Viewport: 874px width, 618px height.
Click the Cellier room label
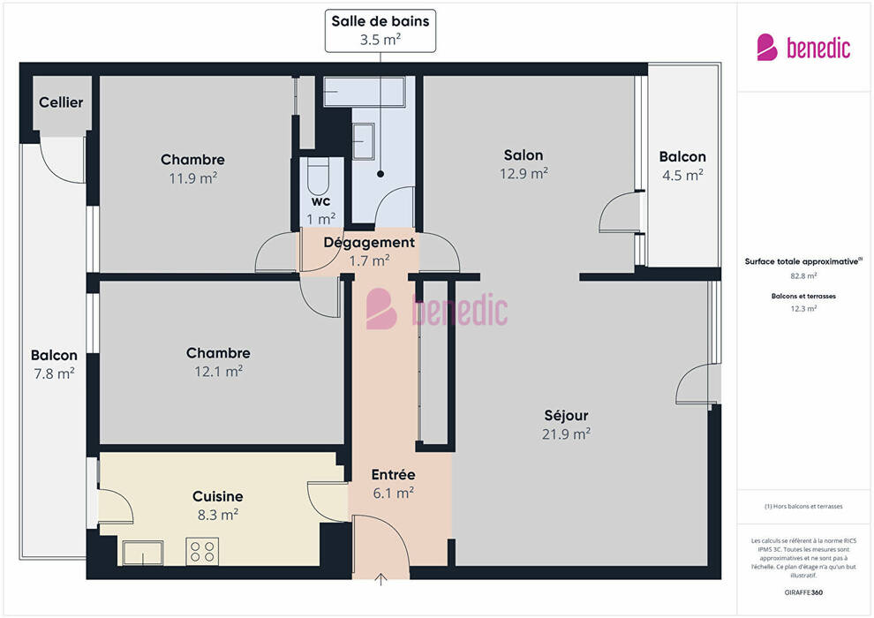[x=61, y=102]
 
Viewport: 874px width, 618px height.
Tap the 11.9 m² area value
[x=192, y=177]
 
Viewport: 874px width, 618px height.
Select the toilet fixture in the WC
[x=319, y=176]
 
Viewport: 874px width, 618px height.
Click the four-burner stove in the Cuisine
[x=202, y=551]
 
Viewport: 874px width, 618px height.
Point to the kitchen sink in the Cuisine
[x=143, y=553]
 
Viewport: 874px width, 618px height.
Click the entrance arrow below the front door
[x=380, y=579]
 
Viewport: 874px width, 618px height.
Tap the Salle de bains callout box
[x=380, y=31]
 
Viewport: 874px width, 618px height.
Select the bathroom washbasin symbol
[x=364, y=141]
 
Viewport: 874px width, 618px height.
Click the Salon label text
[x=524, y=154]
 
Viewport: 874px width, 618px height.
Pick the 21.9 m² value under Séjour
[x=566, y=433]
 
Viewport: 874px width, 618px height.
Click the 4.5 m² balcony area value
[x=682, y=175]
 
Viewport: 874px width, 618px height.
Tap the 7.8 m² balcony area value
[x=54, y=373]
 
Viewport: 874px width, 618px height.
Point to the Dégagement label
[x=369, y=243]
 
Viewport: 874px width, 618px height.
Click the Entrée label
[x=394, y=474]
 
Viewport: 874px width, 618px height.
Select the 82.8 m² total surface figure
[x=803, y=275]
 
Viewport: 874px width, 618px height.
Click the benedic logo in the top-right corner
[x=803, y=48]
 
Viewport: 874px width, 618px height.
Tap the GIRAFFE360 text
[x=803, y=592]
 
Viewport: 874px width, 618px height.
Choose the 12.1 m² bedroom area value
[x=219, y=371]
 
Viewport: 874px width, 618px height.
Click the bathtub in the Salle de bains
[x=365, y=92]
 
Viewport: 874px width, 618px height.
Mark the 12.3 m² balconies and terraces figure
[x=803, y=309]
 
